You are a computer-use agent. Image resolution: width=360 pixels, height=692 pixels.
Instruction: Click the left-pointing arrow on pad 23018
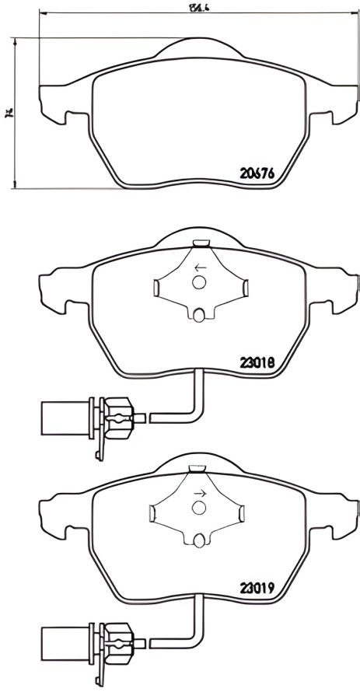(199, 268)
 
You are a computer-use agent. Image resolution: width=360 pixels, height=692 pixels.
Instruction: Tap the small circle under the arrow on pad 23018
(199, 283)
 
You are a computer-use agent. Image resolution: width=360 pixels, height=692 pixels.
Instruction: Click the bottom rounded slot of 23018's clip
(199, 314)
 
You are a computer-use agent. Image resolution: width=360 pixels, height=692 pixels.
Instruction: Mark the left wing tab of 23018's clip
(156, 289)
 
